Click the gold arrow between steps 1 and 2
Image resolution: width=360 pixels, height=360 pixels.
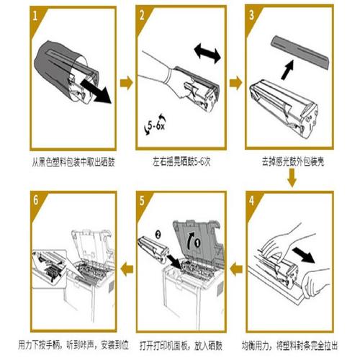(x=126, y=83)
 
